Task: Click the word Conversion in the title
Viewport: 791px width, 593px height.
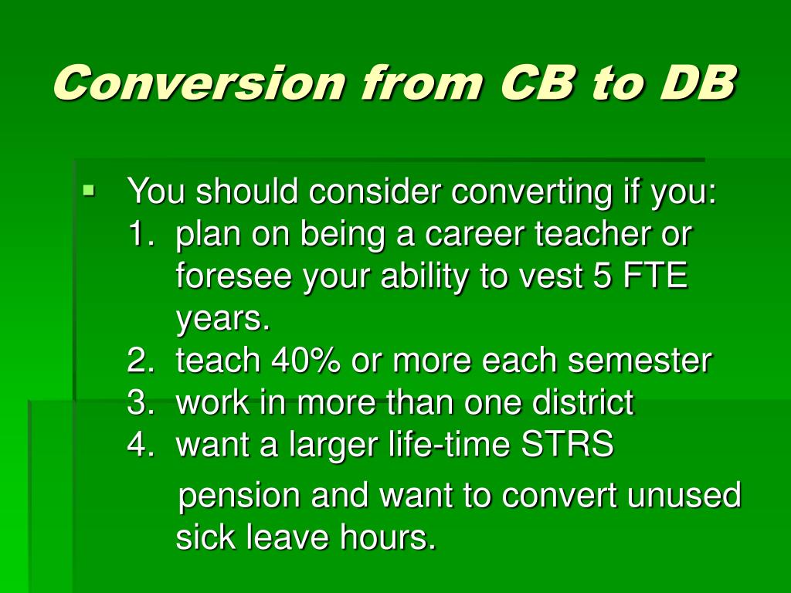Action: click(x=199, y=82)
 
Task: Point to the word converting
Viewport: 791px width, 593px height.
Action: click(x=531, y=192)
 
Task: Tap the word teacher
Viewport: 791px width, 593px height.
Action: click(x=599, y=234)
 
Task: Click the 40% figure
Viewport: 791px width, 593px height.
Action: click(x=305, y=361)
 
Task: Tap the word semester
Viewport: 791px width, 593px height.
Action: click(x=640, y=361)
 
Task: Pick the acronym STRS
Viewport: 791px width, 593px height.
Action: click(x=566, y=445)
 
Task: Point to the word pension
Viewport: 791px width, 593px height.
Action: click(x=239, y=496)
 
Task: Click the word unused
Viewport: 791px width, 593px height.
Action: click(x=684, y=495)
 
